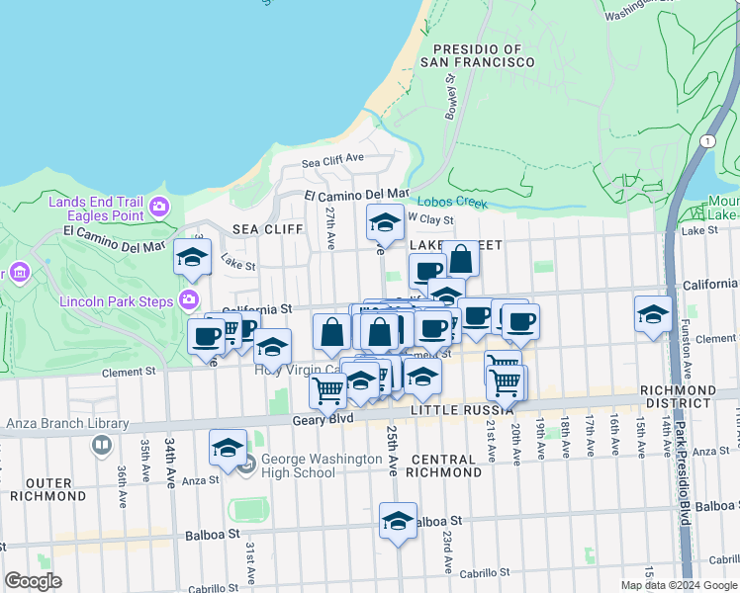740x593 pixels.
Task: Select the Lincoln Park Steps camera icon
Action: (x=189, y=299)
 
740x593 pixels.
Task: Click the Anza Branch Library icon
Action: (x=101, y=445)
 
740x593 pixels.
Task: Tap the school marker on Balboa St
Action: (x=398, y=521)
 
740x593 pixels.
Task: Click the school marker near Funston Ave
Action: (x=652, y=314)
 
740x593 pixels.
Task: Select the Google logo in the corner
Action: (x=34, y=581)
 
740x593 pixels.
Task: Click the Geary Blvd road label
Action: (x=323, y=419)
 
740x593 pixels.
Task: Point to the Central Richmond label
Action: (x=445, y=466)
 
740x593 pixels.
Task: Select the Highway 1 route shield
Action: (x=707, y=141)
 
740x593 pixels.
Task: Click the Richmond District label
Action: (x=677, y=396)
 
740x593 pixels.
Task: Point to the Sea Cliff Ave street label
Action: (x=333, y=160)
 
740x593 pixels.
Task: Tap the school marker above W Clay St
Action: (x=385, y=222)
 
